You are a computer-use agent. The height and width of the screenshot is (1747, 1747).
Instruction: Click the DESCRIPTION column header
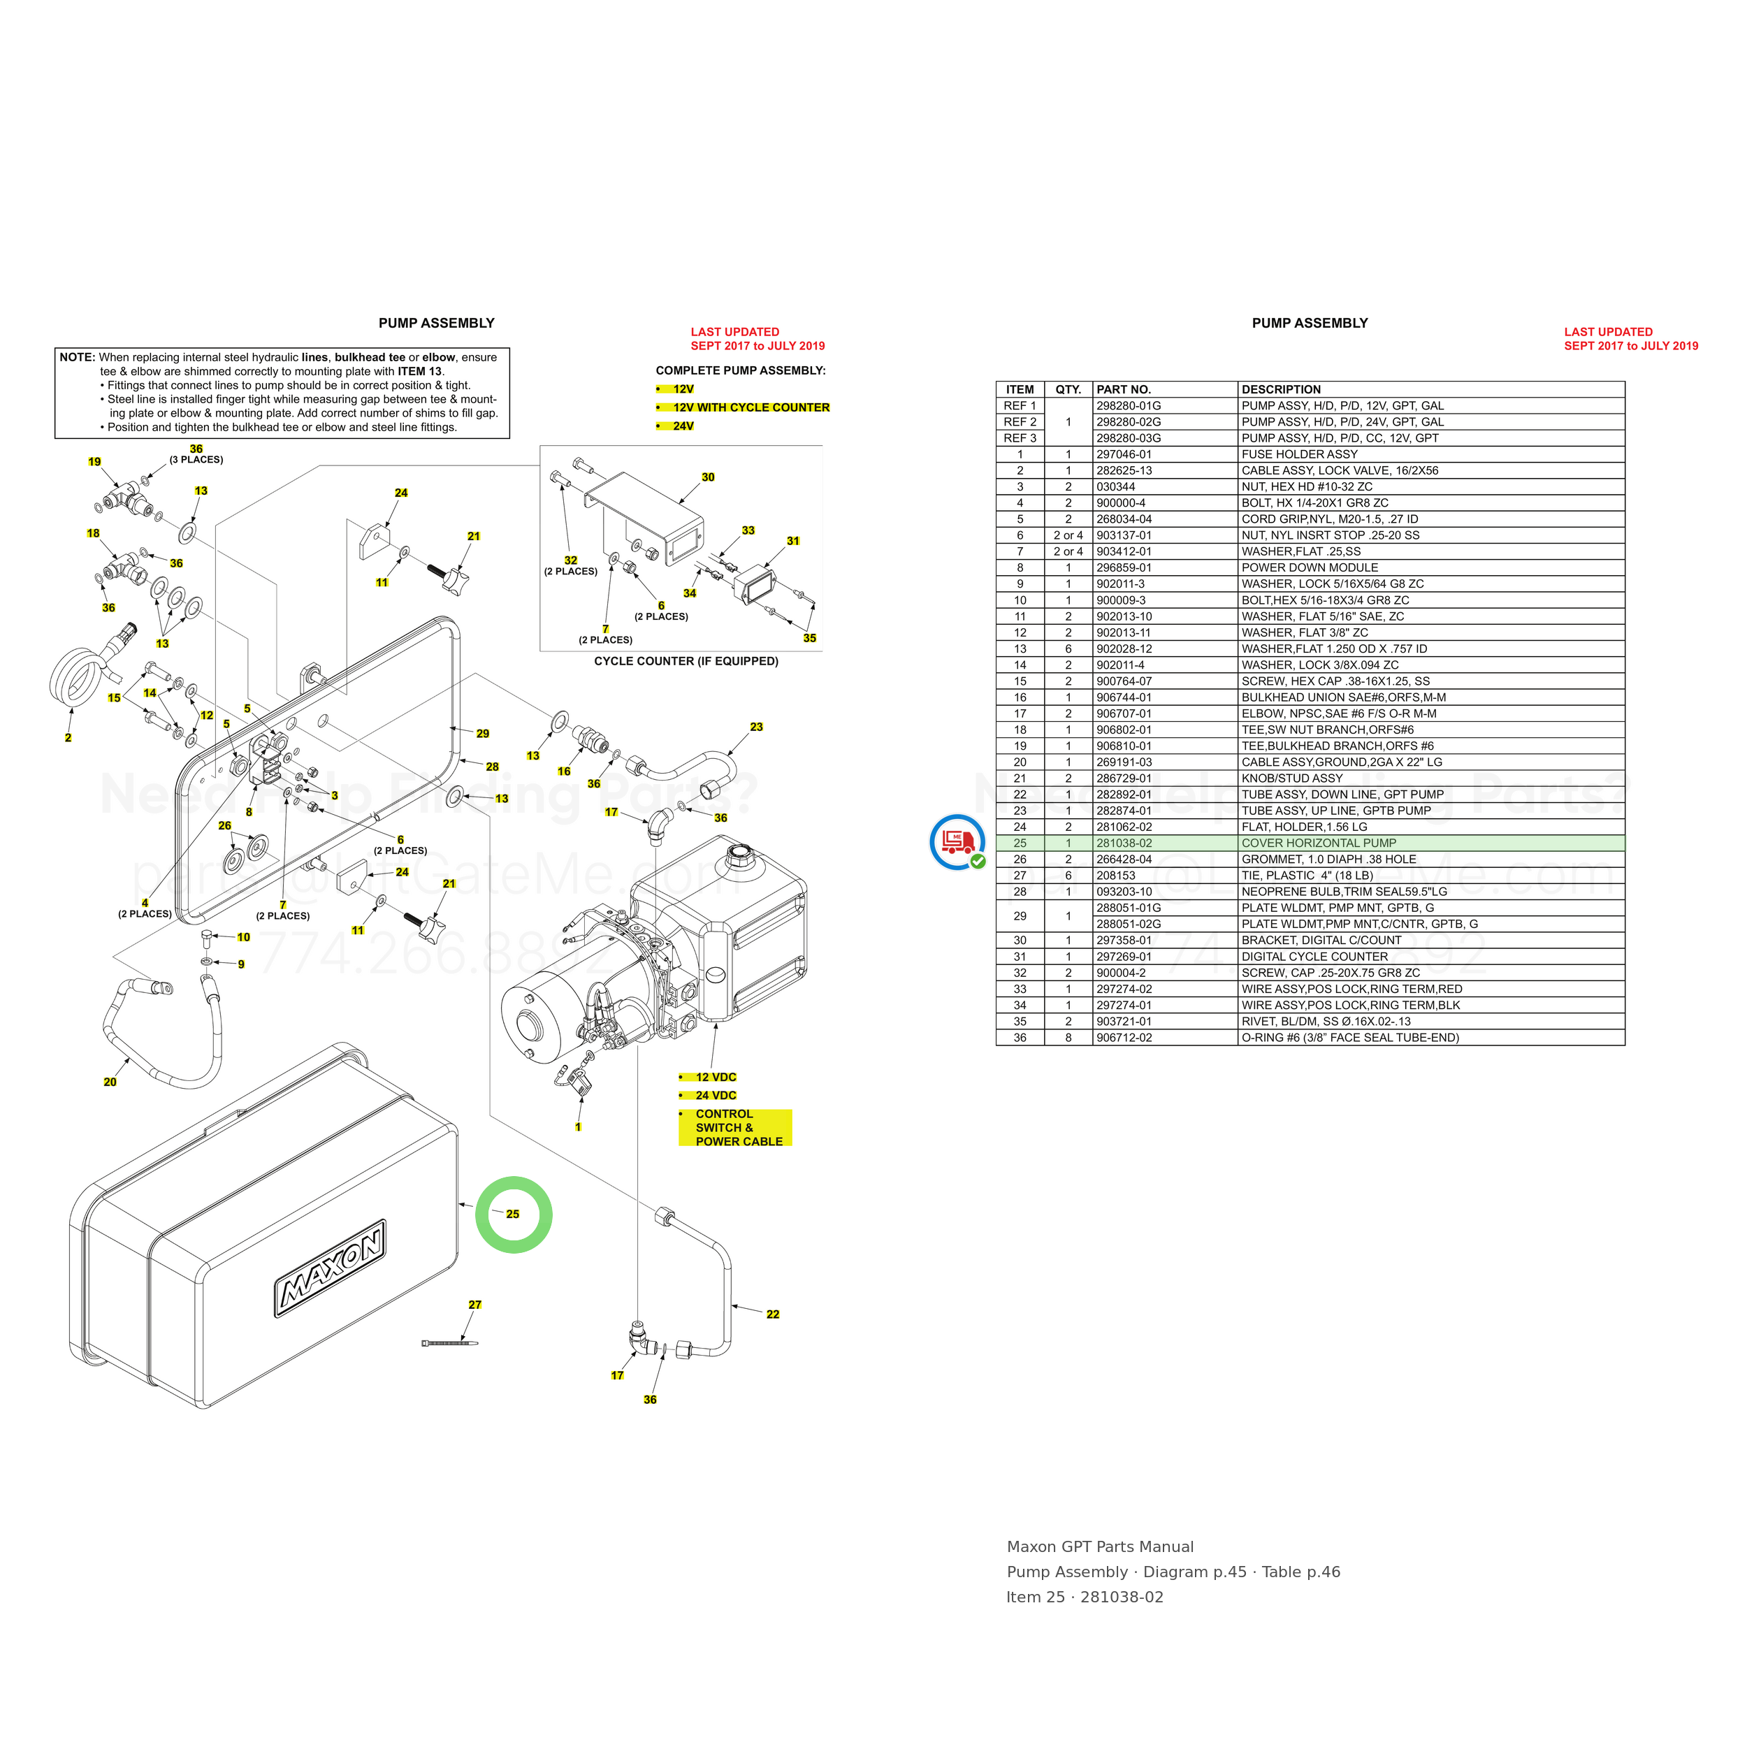click(x=1280, y=390)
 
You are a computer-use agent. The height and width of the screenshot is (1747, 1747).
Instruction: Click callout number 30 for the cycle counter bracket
click(x=708, y=477)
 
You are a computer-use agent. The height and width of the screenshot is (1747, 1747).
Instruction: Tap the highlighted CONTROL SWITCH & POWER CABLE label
click(x=736, y=1128)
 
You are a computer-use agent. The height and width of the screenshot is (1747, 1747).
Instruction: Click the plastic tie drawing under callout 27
click(x=449, y=1343)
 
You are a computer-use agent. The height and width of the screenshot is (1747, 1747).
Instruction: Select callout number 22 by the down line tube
click(x=772, y=1314)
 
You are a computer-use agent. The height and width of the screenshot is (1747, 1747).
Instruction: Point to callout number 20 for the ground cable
click(x=110, y=1082)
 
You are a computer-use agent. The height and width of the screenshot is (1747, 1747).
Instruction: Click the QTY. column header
click(x=1068, y=390)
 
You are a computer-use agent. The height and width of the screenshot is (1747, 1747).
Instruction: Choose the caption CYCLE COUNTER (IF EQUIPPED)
click(x=686, y=661)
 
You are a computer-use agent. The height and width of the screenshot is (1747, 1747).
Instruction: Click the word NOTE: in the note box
click(x=77, y=357)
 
